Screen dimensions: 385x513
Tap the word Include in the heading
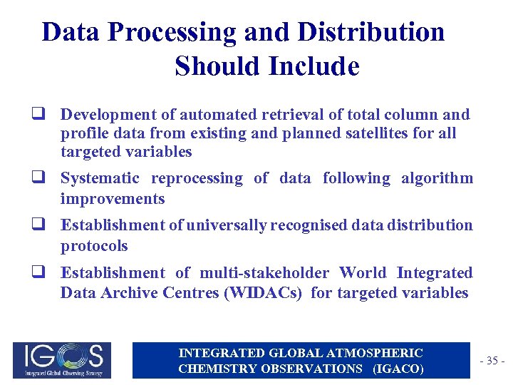pyautogui.click(x=314, y=66)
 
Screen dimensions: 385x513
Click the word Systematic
pyautogui.click(x=100, y=178)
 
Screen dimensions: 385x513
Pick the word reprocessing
pyautogui.click(x=197, y=178)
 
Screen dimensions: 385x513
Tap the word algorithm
pyautogui.click(x=437, y=178)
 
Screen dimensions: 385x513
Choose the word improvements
pyautogui.click(x=113, y=199)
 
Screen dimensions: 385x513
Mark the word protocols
pyautogui.click(x=94, y=246)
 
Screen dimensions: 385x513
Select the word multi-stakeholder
pyautogui.click(x=264, y=273)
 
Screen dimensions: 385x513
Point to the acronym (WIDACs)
pyautogui.click(x=264, y=293)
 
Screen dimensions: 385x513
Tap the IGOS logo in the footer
pyautogui.click(x=58, y=359)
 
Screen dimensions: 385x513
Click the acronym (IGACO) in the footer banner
pyautogui.click(x=397, y=368)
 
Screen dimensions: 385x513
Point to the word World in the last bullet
pyautogui.click(x=363, y=273)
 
